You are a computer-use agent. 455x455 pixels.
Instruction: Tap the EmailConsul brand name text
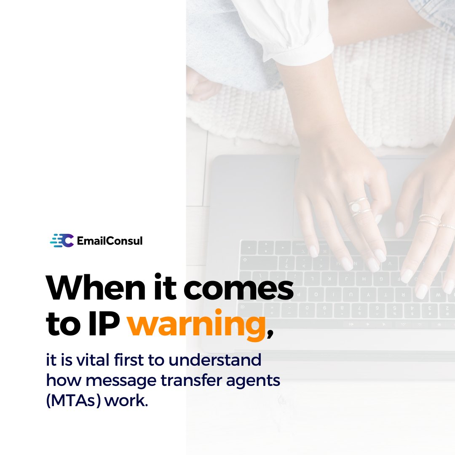pos(110,241)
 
